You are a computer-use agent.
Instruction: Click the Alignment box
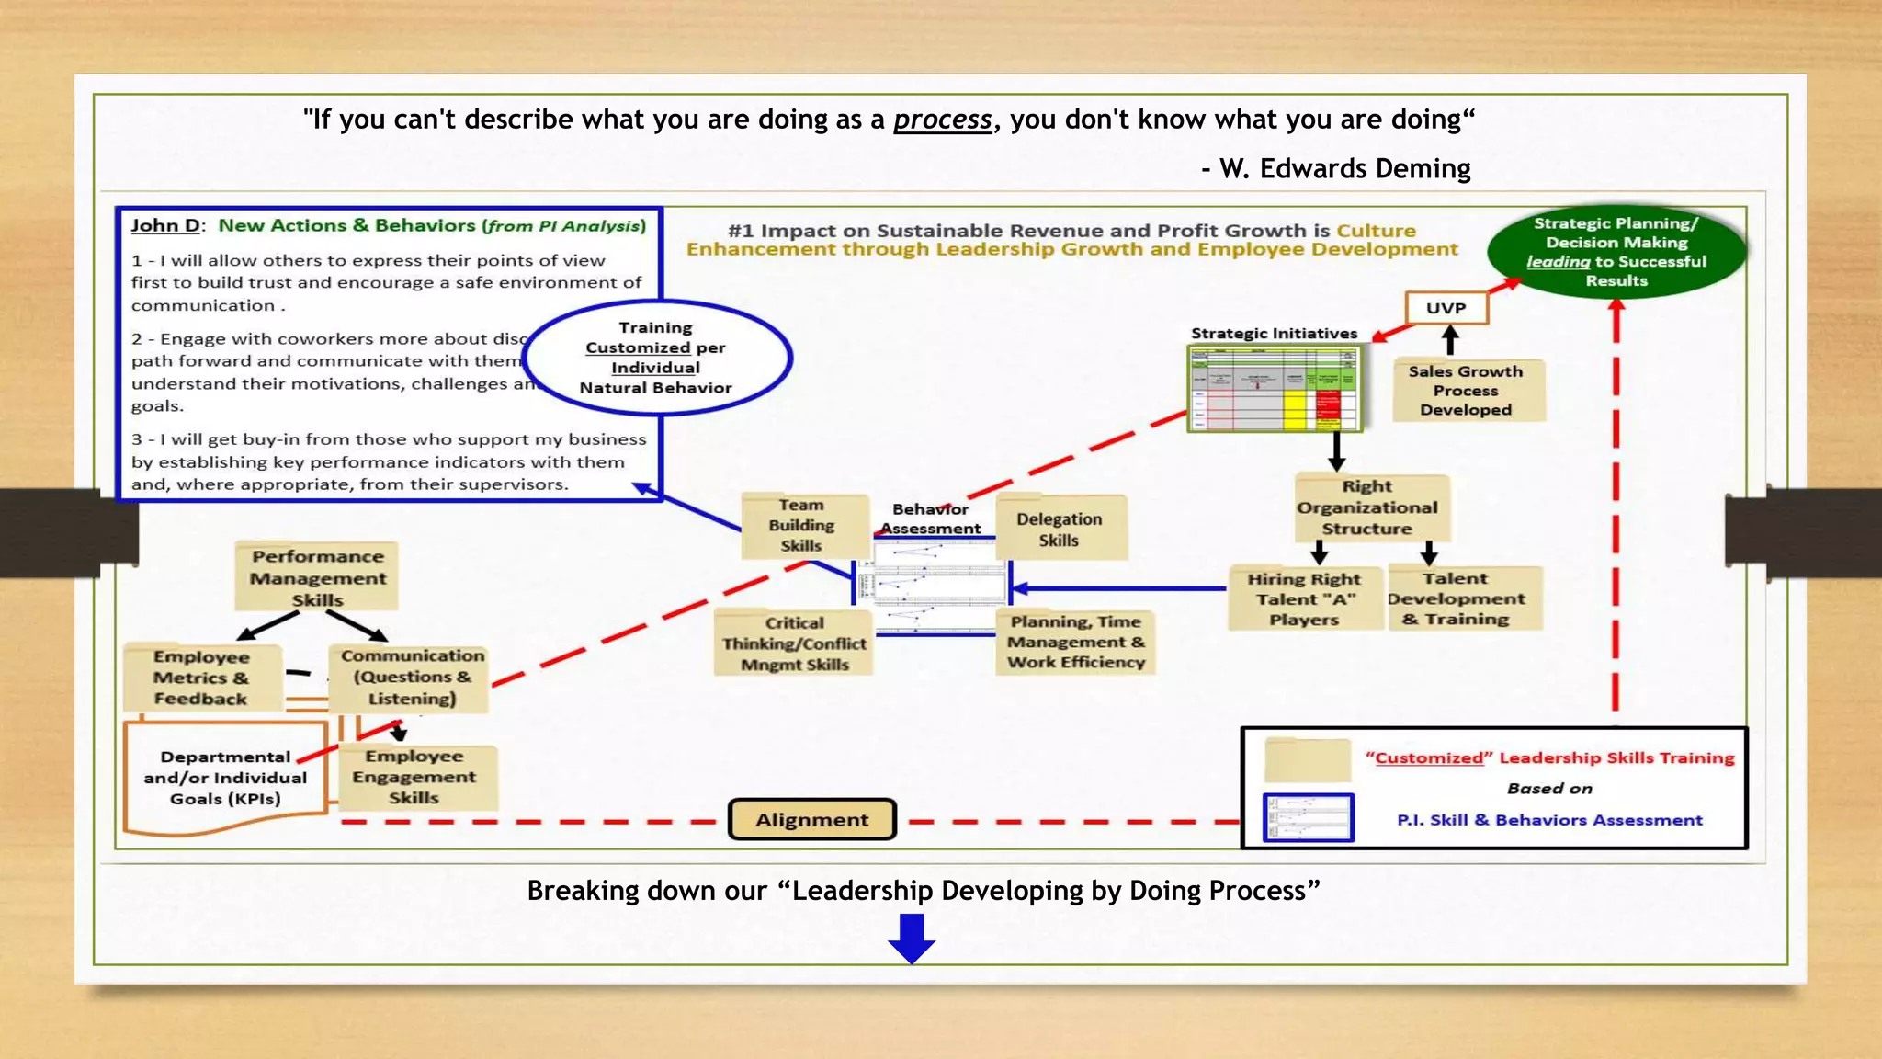coord(811,819)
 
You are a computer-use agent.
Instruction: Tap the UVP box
coord(1446,308)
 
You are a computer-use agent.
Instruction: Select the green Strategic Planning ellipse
coord(1616,251)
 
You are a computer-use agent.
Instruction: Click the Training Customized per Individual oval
coord(655,358)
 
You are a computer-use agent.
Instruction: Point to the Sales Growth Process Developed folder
coord(1466,391)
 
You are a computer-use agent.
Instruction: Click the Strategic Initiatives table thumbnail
coord(1274,388)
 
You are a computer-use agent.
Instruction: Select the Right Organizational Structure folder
coord(1367,507)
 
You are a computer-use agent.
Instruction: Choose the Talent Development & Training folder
coord(1456,598)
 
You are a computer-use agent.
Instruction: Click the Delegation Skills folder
coord(1059,529)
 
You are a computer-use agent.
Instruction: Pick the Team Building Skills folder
coord(801,525)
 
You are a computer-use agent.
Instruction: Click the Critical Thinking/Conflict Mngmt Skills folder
coord(794,643)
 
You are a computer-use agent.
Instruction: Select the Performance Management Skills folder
coord(317,577)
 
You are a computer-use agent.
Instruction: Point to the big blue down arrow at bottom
coord(911,937)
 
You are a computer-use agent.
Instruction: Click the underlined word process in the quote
coord(942,120)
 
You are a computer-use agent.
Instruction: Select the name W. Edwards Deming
coord(1344,168)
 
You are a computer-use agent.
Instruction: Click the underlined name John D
coord(164,225)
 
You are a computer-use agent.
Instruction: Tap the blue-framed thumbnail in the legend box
coord(1308,817)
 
